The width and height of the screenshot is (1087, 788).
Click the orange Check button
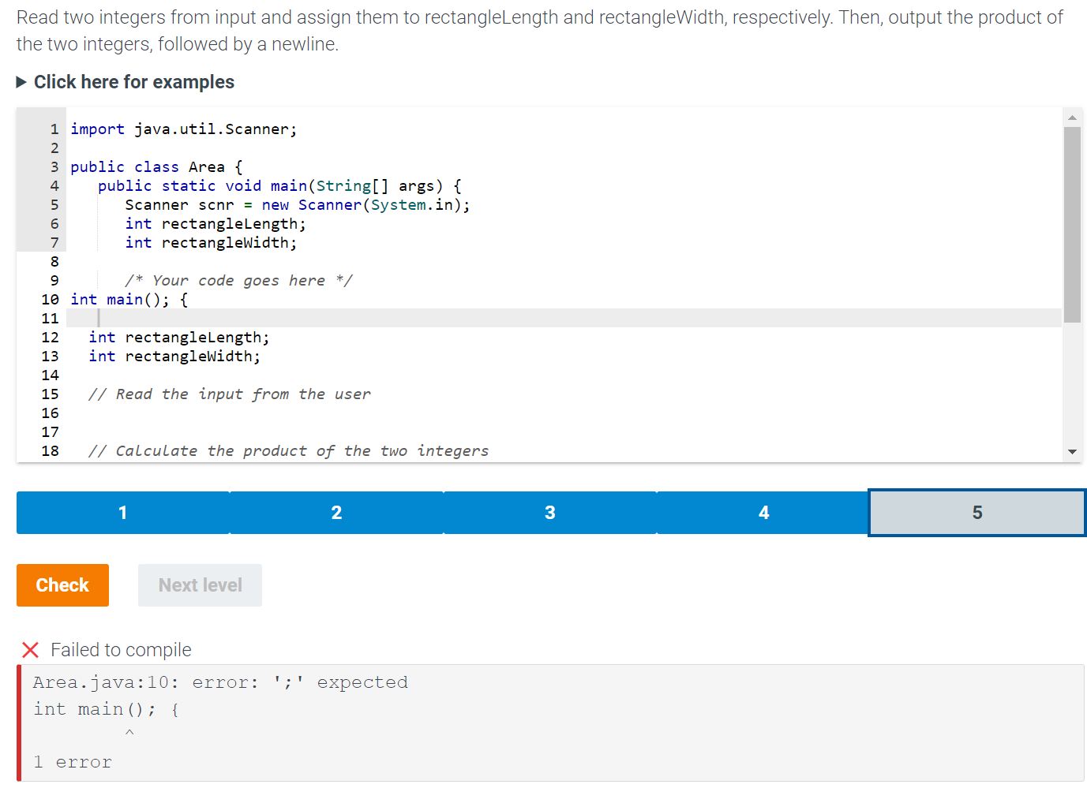point(62,584)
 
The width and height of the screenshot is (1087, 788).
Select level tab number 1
point(123,513)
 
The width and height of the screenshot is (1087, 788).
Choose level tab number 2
point(336,513)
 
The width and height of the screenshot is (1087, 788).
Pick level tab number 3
point(549,513)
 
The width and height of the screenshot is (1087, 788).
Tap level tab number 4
point(763,513)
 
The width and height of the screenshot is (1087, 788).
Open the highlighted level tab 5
point(976,513)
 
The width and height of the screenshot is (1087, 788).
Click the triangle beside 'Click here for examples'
point(21,82)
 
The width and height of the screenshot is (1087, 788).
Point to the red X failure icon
point(30,650)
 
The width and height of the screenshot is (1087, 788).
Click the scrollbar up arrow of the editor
point(1073,118)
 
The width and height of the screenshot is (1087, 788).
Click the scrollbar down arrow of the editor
point(1073,451)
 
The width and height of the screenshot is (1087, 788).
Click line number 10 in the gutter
point(50,300)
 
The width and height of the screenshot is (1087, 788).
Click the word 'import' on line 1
point(98,129)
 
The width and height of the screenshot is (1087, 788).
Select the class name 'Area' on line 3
point(207,167)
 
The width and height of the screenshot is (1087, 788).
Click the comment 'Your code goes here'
point(238,281)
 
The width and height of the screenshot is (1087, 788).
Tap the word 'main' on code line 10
point(125,300)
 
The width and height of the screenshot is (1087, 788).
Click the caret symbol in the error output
point(129,732)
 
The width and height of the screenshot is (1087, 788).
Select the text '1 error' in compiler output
point(73,762)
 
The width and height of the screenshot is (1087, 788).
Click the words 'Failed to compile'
point(121,650)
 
